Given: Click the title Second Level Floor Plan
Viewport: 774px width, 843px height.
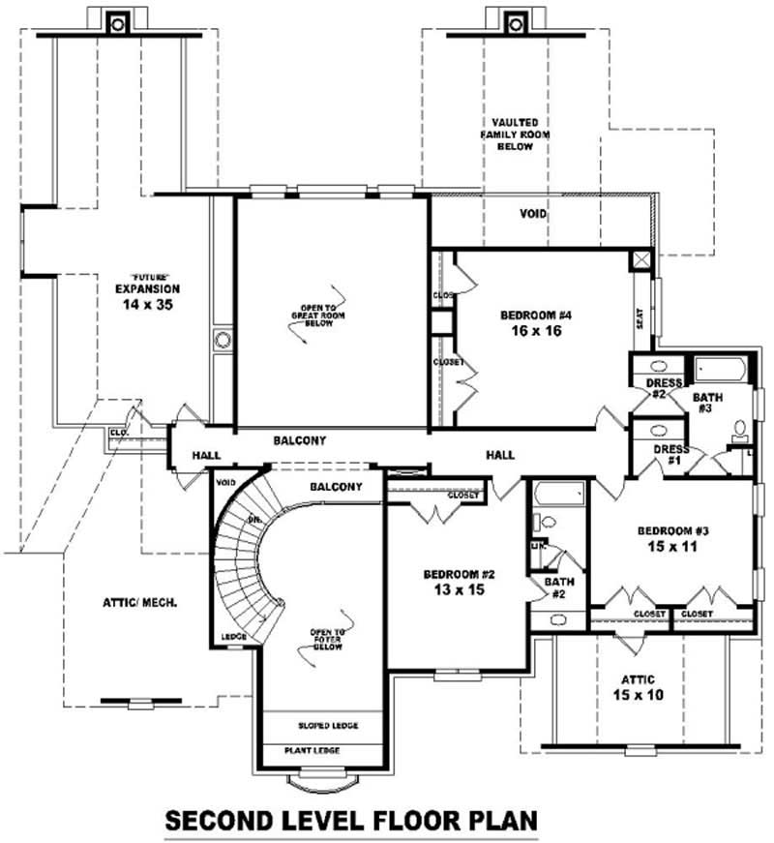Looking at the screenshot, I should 350,821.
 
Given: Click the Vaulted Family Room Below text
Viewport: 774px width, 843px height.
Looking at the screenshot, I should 521,134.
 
